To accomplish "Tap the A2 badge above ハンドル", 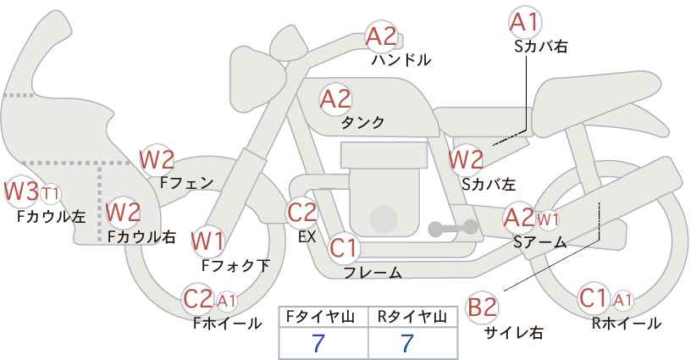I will [x=381, y=36].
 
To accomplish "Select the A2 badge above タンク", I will [x=334, y=98].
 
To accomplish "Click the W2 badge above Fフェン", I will [x=157, y=158].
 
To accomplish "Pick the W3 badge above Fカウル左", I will [x=21, y=191].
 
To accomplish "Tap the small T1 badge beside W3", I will [x=50, y=192].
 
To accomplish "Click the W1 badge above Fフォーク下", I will [x=207, y=241].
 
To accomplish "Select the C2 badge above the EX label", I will [x=301, y=212].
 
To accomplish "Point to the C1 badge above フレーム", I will [x=344, y=249].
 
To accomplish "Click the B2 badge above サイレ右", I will [x=483, y=307].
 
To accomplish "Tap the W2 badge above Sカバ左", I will [x=466, y=158].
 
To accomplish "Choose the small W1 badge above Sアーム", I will [x=548, y=220].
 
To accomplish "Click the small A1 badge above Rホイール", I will [x=622, y=300].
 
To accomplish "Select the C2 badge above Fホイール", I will [x=198, y=298].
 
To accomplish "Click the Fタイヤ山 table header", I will [x=323, y=317].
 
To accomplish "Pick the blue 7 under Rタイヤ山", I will [x=407, y=344].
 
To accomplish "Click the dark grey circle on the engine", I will [x=384, y=219].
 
